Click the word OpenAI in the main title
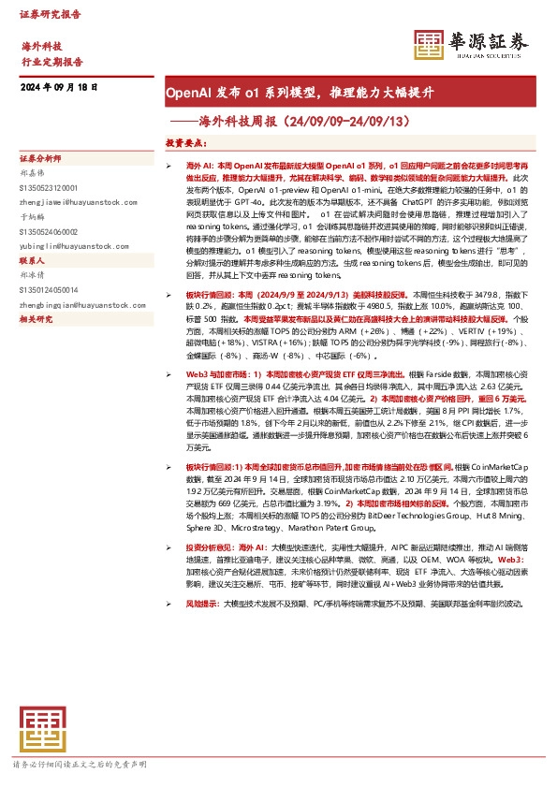tap(187, 94)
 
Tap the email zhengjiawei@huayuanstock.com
tap(74, 198)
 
